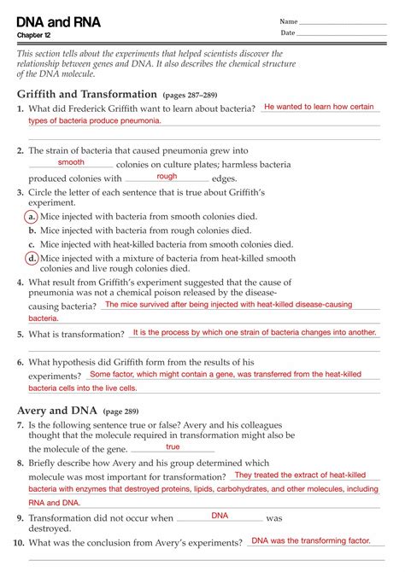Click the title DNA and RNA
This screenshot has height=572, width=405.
[59, 23]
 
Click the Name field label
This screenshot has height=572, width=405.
[289, 21]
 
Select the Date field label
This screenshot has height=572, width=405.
[288, 33]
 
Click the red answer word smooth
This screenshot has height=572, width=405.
[71, 162]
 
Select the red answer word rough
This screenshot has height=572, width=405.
[167, 176]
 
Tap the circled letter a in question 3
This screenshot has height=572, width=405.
[31, 216]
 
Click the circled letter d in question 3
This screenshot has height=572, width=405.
[31, 258]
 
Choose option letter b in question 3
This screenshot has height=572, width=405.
[31, 231]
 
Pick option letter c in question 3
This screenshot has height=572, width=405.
[31, 244]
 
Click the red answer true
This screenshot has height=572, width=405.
[173, 447]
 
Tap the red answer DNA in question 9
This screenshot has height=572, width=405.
[220, 516]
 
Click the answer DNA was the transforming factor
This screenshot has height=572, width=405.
[311, 540]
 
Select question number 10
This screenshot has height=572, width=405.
[18, 542]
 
